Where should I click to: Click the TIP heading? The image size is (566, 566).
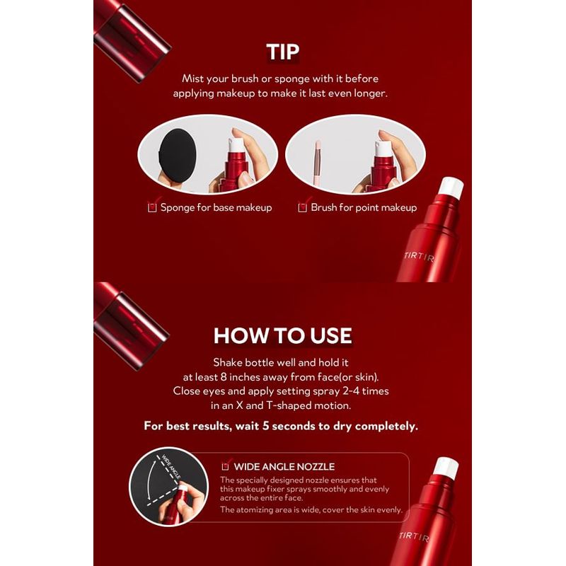tap(283, 52)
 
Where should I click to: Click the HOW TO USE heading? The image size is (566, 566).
tap(283, 335)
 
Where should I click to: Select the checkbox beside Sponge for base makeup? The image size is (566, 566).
tap(151, 207)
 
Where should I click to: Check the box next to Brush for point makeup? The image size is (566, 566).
tap(302, 207)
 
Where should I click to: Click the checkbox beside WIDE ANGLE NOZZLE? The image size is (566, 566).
tap(226, 466)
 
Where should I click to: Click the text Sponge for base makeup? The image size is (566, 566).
tap(216, 207)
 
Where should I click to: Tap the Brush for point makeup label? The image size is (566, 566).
tap(364, 207)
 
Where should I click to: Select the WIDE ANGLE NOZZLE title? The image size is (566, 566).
tap(285, 466)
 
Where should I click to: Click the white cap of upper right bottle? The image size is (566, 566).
tap(451, 187)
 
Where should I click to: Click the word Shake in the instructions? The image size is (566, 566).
tap(228, 362)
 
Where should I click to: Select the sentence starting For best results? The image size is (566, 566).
tap(281, 426)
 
